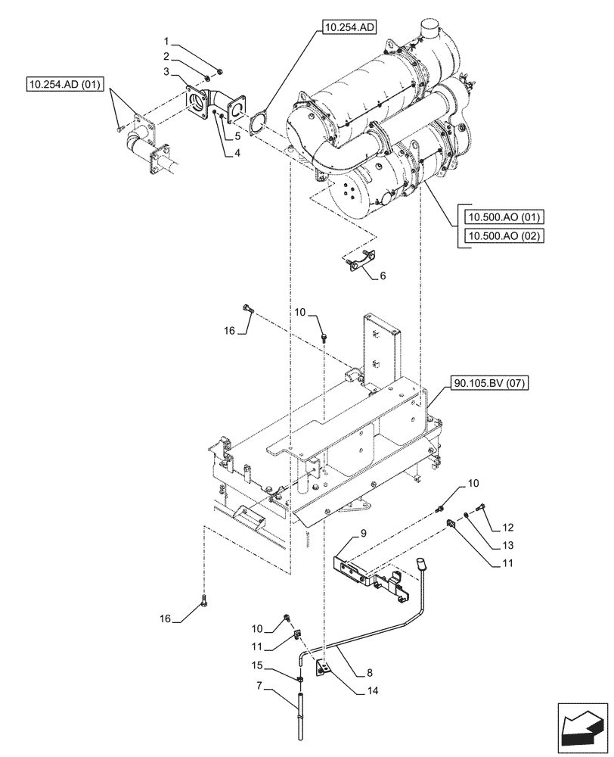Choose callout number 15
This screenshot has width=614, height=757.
tap(258, 665)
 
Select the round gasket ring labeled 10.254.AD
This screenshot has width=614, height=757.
tap(258, 120)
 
